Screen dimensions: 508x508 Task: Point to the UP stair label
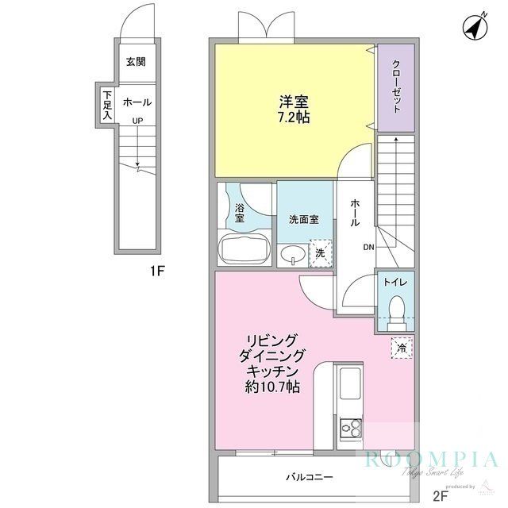[x=137, y=121]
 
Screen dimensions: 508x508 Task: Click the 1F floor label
[x=157, y=271]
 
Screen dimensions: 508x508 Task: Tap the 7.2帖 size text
[x=294, y=117]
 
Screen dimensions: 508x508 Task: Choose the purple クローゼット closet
[x=395, y=87]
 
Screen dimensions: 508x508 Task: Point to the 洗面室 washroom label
[x=303, y=219]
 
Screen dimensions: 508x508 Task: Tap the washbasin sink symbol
[x=292, y=254]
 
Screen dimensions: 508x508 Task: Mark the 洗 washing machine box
[x=320, y=252]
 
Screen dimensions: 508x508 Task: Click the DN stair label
[x=369, y=248]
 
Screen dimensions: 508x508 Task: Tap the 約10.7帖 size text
[x=271, y=387]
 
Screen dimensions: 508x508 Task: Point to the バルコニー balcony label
[x=310, y=477]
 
